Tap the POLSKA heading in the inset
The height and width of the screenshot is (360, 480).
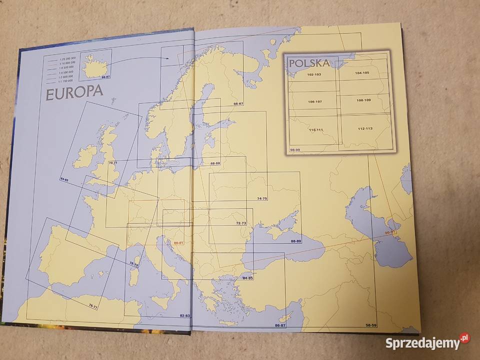(x=309, y=63)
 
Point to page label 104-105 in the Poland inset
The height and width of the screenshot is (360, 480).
(x=362, y=73)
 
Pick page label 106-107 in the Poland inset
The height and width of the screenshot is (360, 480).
(x=309, y=102)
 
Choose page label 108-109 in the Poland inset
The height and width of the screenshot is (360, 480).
(x=364, y=100)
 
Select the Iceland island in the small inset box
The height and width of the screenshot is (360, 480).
(x=93, y=65)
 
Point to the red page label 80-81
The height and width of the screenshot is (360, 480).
(x=179, y=243)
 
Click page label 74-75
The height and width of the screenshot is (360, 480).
(x=262, y=198)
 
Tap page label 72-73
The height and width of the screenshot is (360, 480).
(x=241, y=223)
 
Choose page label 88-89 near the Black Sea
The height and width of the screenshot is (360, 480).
(x=295, y=241)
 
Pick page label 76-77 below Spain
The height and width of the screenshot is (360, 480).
(x=93, y=305)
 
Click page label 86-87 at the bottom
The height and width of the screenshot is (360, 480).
(x=280, y=326)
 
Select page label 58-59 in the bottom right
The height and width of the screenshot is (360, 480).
(x=371, y=325)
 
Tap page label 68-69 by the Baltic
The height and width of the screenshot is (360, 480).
(x=215, y=163)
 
